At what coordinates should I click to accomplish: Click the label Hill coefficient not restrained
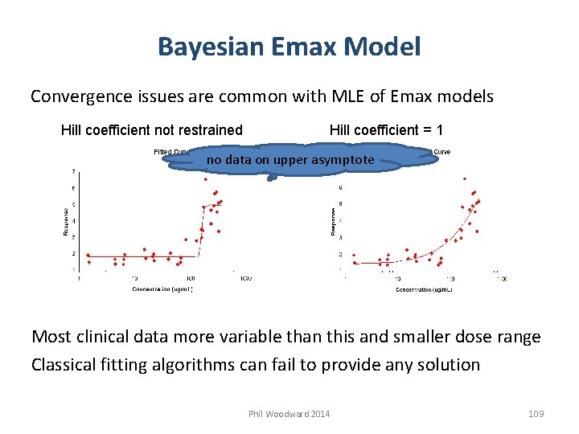(152, 129)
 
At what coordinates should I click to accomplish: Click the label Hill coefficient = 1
(388, 129)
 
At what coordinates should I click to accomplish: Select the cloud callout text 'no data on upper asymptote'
(290, 160)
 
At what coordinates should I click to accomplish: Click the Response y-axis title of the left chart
(66, 219)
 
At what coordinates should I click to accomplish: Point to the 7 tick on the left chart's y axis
(75, 172)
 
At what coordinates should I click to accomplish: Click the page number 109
(536, 414)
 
